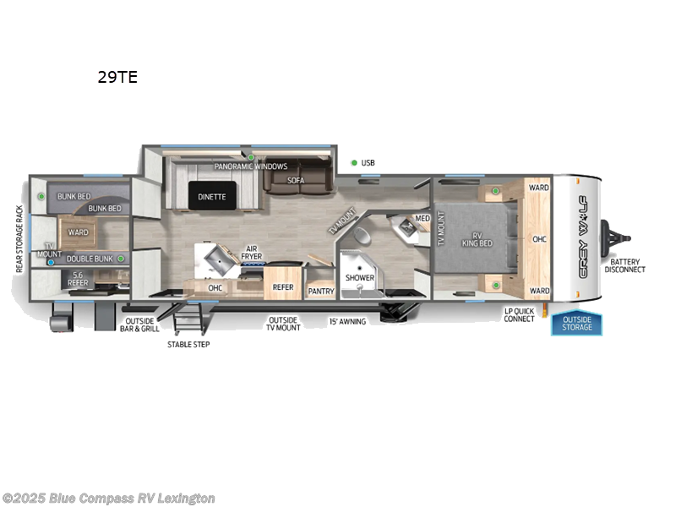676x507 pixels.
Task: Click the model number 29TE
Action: (x=117, y=78)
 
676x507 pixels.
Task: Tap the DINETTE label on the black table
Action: (x=212, y=197)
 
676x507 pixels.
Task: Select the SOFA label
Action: (x=295, y=180)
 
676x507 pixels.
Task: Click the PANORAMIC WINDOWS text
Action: (x=250, y=166)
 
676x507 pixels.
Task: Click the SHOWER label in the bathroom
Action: (x=360, y=276)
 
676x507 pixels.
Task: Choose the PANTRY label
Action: (x=321, y=292)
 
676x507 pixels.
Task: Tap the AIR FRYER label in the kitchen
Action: (x=252, y=251)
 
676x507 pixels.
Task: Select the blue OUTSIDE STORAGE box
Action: (x=577, y=323)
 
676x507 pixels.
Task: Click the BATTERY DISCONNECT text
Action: (x=627, y=265)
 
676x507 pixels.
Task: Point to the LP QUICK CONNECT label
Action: (x=519, y=314)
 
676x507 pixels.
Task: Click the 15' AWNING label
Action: (x=347, y=321)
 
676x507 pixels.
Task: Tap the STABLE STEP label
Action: (x=189, y=344)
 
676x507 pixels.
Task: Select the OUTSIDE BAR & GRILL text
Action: (x=142, y=324)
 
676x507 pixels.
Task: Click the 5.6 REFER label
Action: (x=79, y=279)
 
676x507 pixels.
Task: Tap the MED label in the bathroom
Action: (x=422, y=218)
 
